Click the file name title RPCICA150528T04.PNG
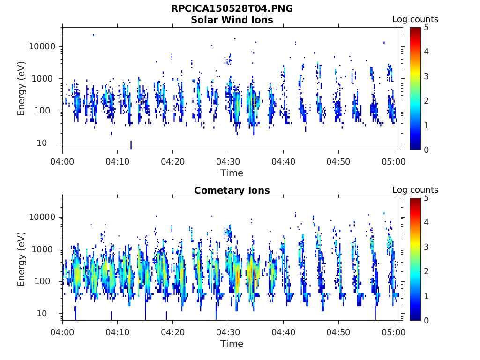point(232,8)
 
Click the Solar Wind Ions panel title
point(232,20)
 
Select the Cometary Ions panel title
point(232,190)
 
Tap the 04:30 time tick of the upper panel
point(228,162)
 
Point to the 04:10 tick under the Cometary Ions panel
point(118,332)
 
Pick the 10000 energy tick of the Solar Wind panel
point(43,46)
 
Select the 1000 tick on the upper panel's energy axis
point(45,79)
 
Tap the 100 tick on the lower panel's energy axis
point(47,281)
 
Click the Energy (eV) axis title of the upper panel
point(22,89)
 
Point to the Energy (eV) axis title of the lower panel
point(22,259)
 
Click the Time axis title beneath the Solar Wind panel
point(232,173)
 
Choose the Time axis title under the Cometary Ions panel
point(232,344)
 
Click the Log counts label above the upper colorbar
point(415,19)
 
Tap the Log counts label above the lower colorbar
point(415,190)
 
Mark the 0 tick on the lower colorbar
point(426,320)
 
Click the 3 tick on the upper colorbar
point(426,76)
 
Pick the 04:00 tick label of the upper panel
point(63,162)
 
